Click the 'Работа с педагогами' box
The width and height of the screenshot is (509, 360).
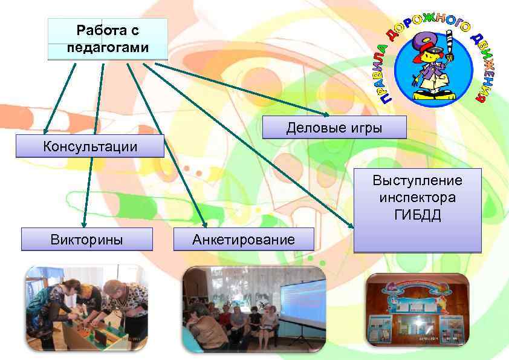coord(108,39)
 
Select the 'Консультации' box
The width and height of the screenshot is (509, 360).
coord(90,146)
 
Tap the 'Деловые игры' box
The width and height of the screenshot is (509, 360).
coord(334,128)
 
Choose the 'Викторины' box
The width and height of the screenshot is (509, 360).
coord(86,239)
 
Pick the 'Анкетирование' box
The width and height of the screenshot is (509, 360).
coord(244,239)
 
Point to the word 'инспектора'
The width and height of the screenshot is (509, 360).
coord(418,197)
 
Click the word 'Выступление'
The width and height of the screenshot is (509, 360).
coord(418,181)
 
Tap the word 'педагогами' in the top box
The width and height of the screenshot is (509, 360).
coord(108,48)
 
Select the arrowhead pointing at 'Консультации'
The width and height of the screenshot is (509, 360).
coord(45,131)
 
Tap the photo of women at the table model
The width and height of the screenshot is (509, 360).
coord(85,308)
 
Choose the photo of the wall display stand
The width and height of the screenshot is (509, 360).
coord(418,309)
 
